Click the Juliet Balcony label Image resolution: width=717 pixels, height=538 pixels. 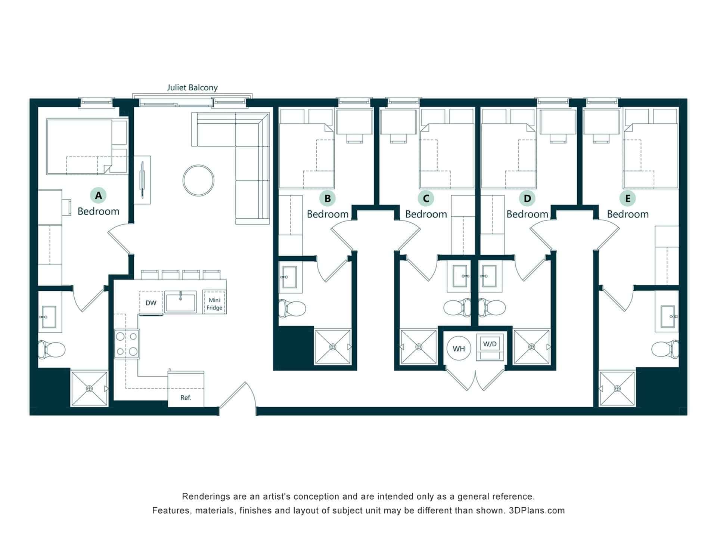pyautogui.click(x=192, y=88)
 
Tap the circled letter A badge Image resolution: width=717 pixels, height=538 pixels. pyautogui.click(x=98, y=195)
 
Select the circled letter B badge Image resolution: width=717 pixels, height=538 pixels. pyautogui.click(x=328, y=198)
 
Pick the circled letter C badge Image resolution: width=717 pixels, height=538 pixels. pyautogui.click(x=426, y=198)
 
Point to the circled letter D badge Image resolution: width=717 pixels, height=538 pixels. pyautogui.click(x=527, y=198)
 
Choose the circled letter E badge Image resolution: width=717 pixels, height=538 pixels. pyautogui.click(x=628, y=198)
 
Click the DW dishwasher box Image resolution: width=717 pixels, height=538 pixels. pyautogui.click(x=151, y=303)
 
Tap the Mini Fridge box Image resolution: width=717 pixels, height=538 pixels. pyautogui.click(x=214, y=303)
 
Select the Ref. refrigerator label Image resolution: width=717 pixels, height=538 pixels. pyautogui.click(x=186, y=398)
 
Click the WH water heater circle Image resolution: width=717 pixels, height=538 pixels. pyautogui.click(x=459, y=349)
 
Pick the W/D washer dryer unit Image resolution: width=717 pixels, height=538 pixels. pyautogui.click(x=490, y=347)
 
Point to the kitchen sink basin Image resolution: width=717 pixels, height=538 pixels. pyautogui.click(x=181, y=303)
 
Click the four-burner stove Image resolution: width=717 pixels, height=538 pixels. pyautogui.click(x=127, y=344)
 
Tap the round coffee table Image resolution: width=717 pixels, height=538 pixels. pyautogui.click(x=198, y=180)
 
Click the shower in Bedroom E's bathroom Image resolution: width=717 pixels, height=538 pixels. pyautogui.click(x=617, y=389)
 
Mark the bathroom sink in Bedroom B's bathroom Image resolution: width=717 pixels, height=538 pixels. pyautogui.click(x=289, y=277)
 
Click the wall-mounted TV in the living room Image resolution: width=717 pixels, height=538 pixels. pyautogui.click(x=142, y=180)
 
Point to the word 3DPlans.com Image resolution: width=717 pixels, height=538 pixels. pyautogui.click(x=537, y=510)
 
